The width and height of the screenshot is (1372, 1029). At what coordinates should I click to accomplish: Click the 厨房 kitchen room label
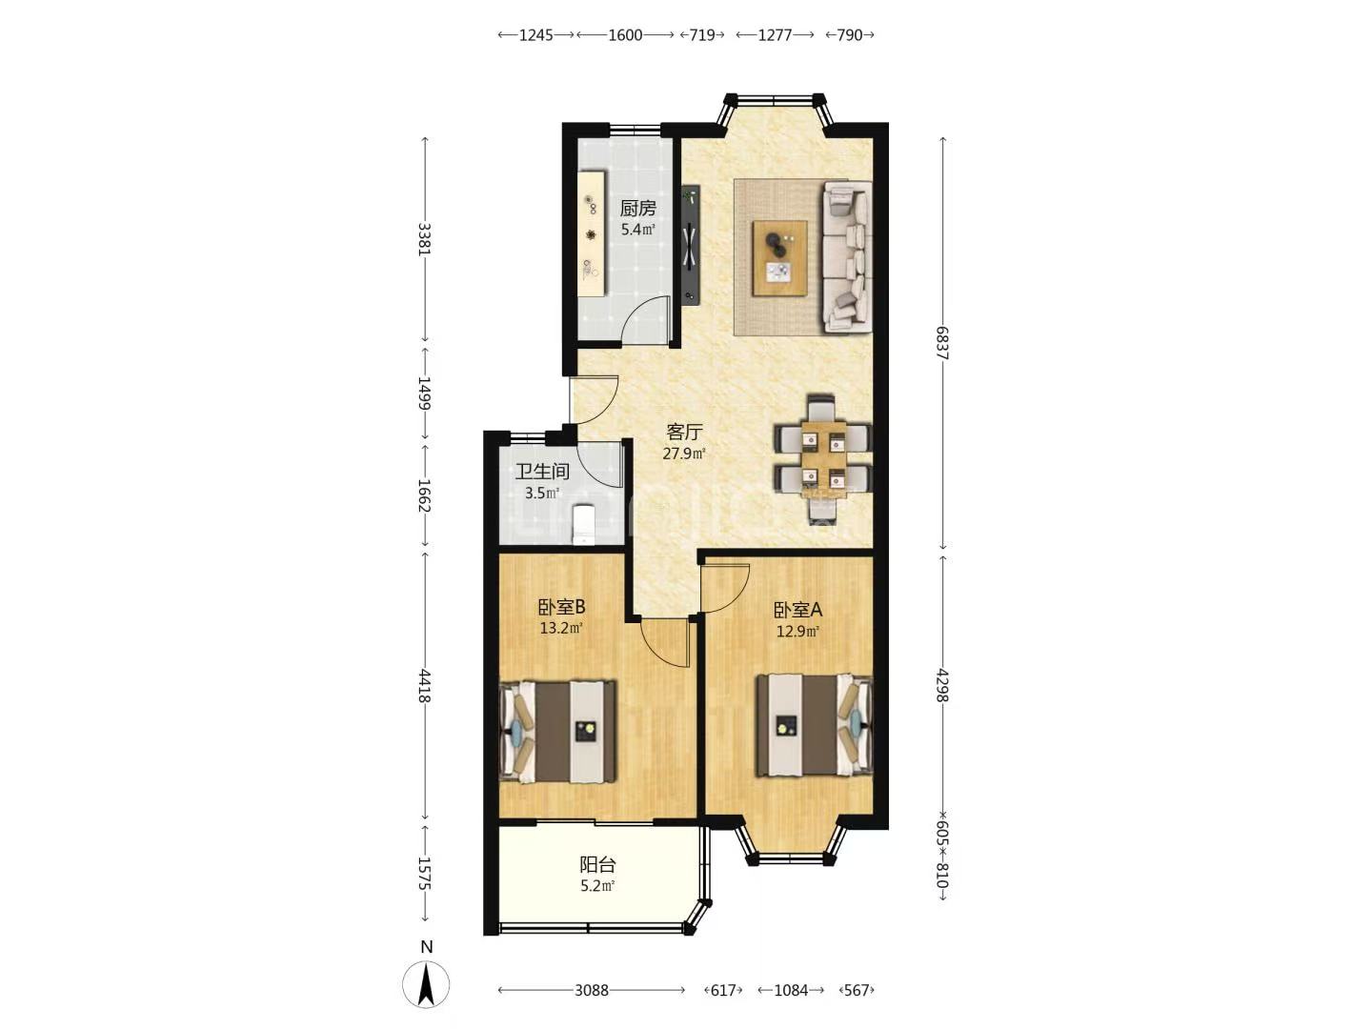637,208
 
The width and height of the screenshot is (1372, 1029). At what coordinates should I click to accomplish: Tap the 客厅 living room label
684,432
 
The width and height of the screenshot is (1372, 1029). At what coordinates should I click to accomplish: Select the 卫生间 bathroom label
542,471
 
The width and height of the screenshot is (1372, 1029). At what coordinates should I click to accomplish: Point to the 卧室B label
561,607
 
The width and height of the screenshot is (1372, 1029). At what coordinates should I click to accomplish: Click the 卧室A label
797,609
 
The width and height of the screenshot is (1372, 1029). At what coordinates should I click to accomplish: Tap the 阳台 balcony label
597,865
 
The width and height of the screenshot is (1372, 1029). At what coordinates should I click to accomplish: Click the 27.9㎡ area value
684,454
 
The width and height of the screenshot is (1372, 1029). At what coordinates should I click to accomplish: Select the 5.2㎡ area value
597,885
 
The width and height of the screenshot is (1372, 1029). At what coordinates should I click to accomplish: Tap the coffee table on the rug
779,257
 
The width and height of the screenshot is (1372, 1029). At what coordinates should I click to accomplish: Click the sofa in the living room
847,256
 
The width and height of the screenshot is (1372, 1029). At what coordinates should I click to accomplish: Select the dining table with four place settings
824,460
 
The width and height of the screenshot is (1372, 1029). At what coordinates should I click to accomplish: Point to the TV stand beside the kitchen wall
691,245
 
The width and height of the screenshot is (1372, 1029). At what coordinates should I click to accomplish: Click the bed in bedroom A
815,725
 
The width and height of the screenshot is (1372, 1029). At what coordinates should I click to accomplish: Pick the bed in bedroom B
557,732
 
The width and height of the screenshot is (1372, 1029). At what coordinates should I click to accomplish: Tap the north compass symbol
426,985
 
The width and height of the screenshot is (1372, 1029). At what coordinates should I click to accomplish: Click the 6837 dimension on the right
942,343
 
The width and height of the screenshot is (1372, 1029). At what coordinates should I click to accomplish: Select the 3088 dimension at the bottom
592,990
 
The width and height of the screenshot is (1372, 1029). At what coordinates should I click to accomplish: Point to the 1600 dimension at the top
625,35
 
